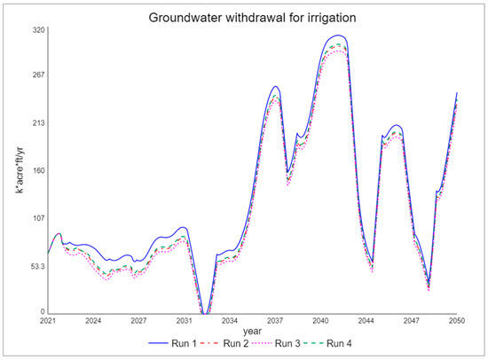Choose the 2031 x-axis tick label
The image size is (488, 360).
click(x=185, y=320)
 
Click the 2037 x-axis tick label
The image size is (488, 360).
click(x=275, y=320)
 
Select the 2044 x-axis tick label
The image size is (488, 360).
click(x=366, y=320)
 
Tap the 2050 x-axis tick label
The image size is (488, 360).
click(x=458, y=320)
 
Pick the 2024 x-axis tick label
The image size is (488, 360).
click(x=93, y=320)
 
